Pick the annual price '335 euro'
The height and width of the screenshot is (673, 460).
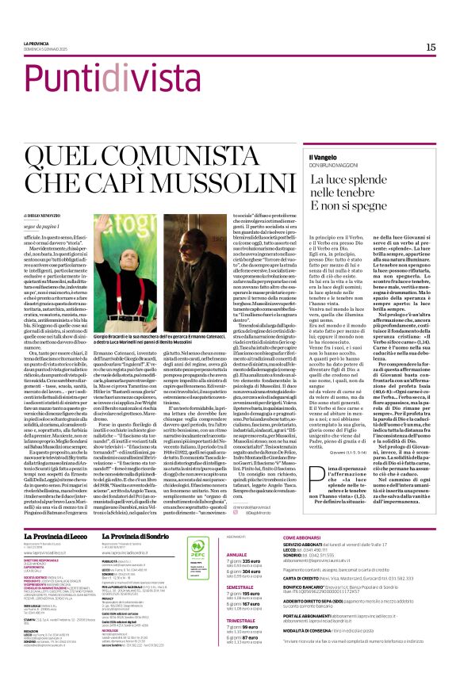256,542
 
